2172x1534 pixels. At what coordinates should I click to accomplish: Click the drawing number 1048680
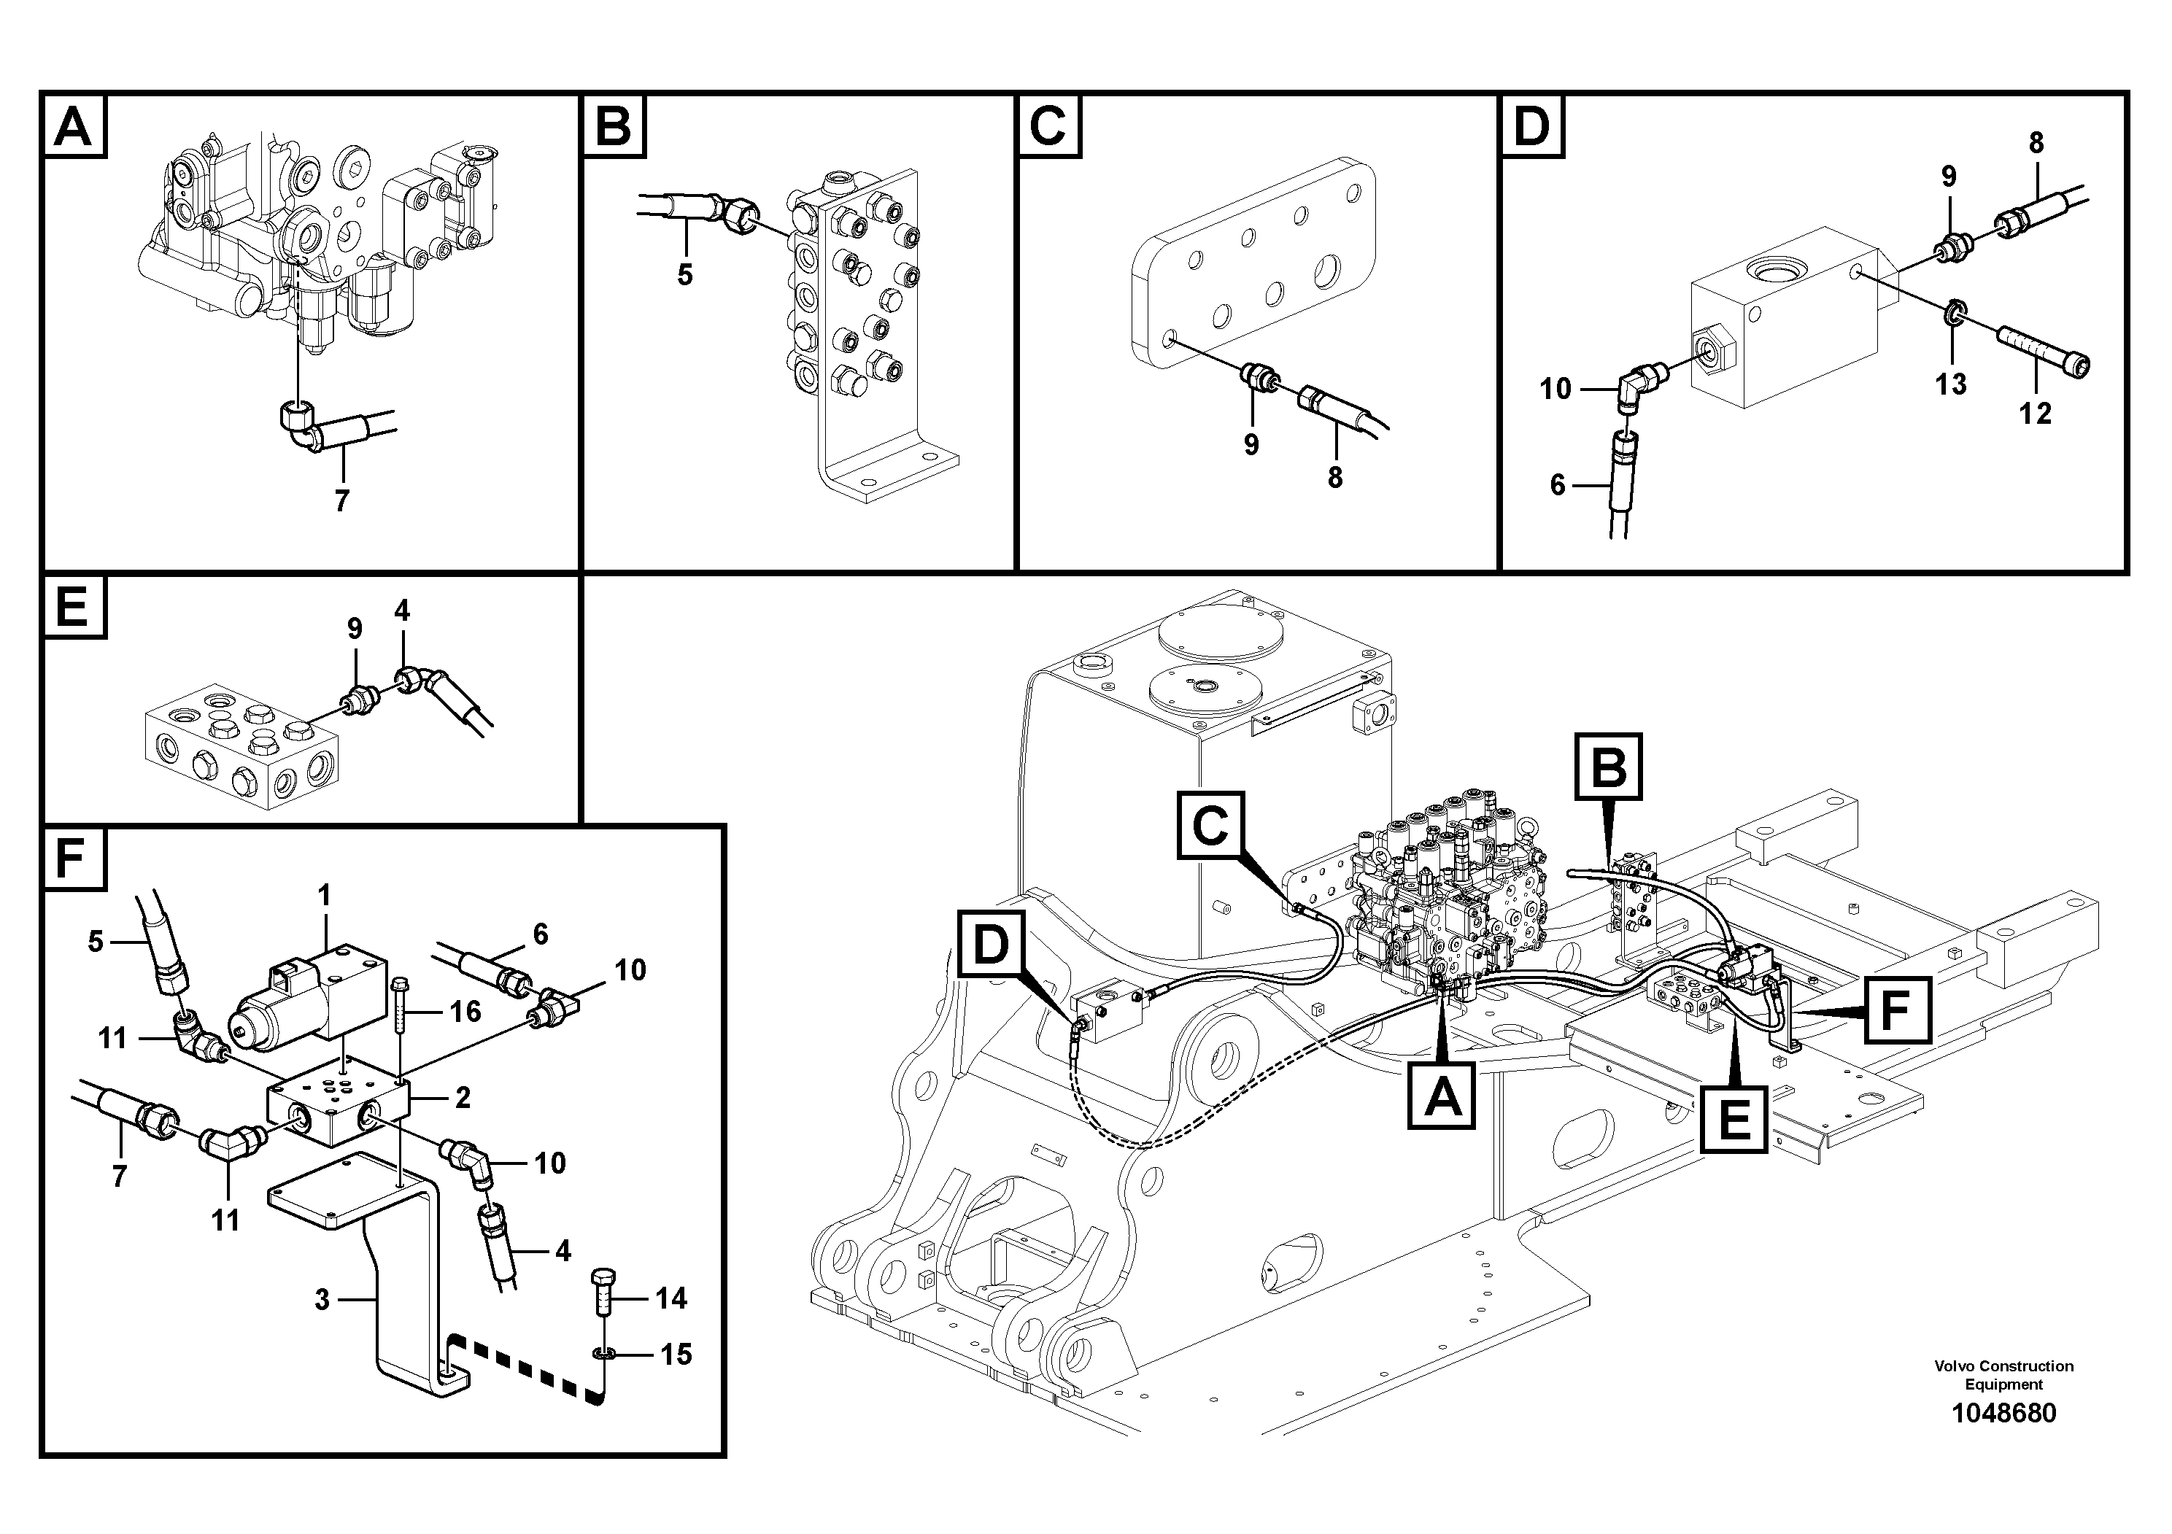(2003, 1413)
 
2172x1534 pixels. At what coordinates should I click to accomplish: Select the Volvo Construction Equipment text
(2003, 1375)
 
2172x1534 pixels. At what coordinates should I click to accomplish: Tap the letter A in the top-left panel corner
(74, 125)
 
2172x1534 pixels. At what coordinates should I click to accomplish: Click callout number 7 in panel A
(341, 500)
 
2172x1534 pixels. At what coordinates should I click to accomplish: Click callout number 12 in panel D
(2035, 414)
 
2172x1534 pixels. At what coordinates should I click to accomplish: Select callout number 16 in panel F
(465, 1012)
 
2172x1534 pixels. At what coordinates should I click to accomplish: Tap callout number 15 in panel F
(676, 1355)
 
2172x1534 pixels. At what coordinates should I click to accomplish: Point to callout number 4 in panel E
(402, 611)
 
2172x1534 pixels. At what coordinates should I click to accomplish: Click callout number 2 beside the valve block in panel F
(463, 1098)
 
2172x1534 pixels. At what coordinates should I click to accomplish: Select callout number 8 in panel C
(1335, 478)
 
